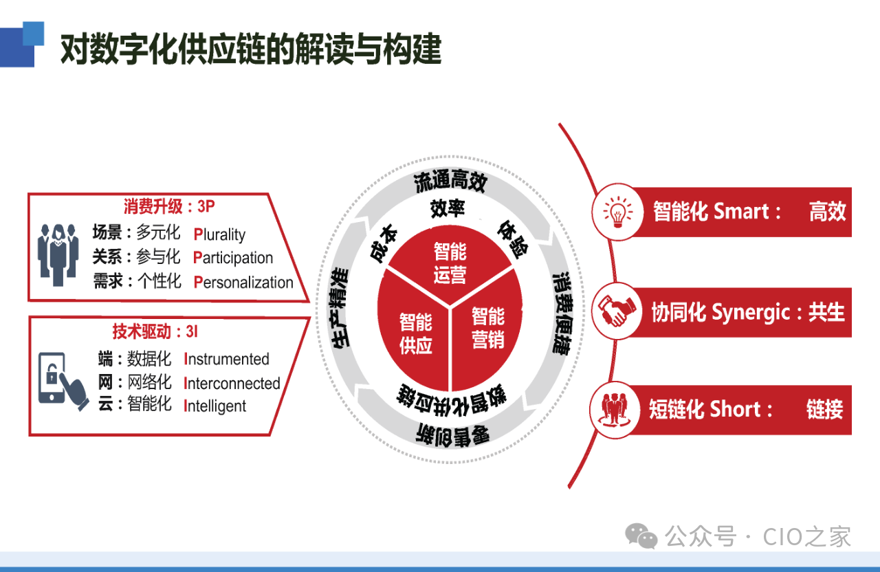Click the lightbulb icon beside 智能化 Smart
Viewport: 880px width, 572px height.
(x=618, y=212)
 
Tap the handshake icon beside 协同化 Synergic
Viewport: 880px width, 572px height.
(x=617, y=311)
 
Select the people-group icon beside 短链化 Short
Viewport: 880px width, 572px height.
(x=615, y=410)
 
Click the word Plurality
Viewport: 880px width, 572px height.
(x=219, y=234)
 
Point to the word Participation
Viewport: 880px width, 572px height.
(x=233, y=258)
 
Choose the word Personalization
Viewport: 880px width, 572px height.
(x=243, y=283)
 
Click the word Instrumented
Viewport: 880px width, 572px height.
(x=226, y=359)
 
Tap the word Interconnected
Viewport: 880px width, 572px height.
(x=232, y=384)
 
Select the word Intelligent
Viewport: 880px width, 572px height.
(x=215, y=406)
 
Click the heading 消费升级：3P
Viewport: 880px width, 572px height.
(x=169, y=206)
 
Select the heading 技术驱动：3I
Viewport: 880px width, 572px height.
(x=155, y=331)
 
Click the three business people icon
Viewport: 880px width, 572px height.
(x=58, y=255)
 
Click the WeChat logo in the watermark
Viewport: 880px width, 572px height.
(x=641, y=536)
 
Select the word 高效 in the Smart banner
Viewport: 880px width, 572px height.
(x=827, y=211)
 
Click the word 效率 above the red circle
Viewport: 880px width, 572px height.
(x=448, y=208)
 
